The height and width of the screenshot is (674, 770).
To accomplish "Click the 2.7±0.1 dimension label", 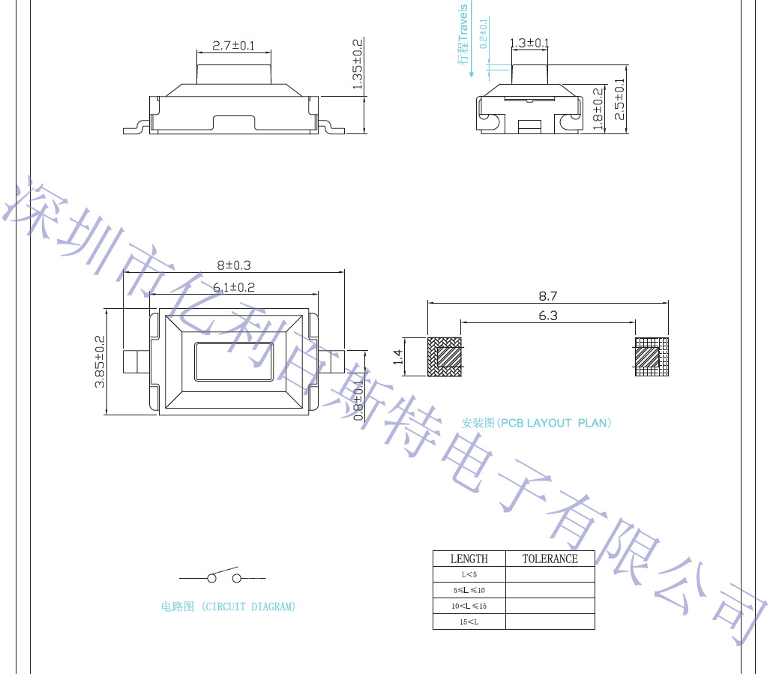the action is (233, 46).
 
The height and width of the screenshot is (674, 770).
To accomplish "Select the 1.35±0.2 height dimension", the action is (358, 64).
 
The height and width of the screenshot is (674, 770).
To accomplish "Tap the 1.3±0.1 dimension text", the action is (529, 43).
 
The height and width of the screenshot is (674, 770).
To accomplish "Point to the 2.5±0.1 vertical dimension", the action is (619, 99).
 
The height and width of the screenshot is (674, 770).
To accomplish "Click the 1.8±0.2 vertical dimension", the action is (598, 109).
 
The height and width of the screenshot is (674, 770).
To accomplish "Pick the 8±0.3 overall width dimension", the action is (234, 265).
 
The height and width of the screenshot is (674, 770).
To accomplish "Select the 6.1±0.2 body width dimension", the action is (234, 287).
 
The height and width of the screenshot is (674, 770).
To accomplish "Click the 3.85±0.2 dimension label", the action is (100, 361).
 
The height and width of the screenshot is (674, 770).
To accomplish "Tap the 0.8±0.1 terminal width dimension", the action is (359, 400).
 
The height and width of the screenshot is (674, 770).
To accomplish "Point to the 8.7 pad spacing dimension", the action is (547, 296).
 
